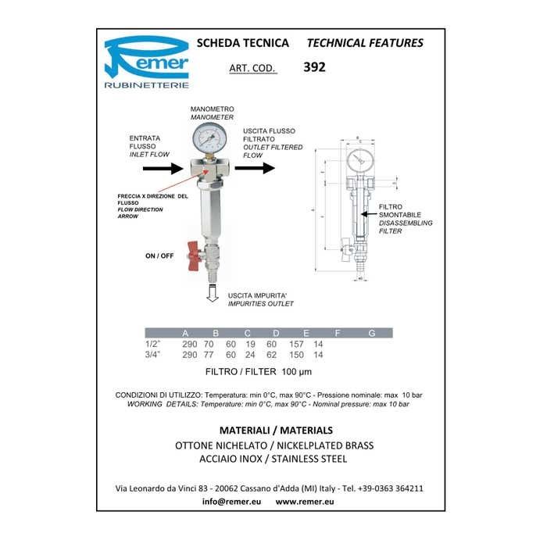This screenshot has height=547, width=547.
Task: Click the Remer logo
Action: pos(146,60)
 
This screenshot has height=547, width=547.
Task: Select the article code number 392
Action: pos(313,67)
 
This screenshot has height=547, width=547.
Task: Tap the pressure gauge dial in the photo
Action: pos(210,139)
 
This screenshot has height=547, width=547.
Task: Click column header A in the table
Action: pos(185,333)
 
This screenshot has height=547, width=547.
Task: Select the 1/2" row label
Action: pos(153,344)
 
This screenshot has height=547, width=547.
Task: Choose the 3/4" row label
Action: pos(153,355)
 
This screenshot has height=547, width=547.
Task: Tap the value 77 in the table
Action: pos(209,355)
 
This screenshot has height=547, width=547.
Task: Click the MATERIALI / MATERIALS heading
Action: pos(276,431)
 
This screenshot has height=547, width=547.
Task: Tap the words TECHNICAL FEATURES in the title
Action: pos(365,43)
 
